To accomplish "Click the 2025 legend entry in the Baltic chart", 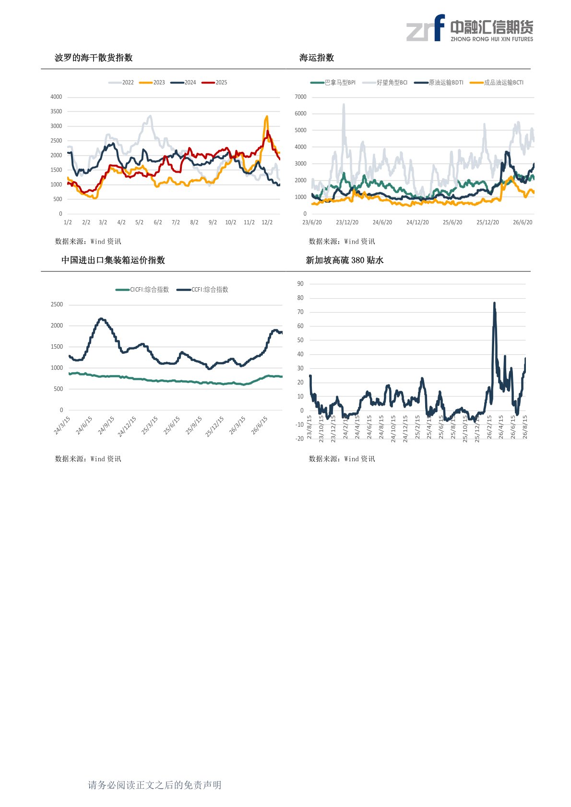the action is (x=214, y=82).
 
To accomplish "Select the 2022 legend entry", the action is (x=121, y=82).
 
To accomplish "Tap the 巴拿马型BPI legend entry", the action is (x=333, y=82).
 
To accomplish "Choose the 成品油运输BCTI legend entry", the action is (x=497, y=82).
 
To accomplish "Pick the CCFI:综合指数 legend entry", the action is (x=202, y=290).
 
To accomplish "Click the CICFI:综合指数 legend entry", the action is (x=143, y=290).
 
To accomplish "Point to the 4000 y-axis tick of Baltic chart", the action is (x=56, y=97).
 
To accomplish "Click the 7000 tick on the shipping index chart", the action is (x=301, y=97).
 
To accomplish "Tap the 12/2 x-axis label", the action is (x=267, y=222).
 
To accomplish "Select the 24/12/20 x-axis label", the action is (x=417, y=222).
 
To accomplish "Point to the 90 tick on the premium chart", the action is (x=300, y=284).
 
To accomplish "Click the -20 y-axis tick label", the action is (x=299, y=438).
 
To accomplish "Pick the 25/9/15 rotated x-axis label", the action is (x=194, y=425).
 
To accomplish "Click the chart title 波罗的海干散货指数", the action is (x=94, y=58).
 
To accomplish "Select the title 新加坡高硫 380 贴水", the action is (x=345, y=260).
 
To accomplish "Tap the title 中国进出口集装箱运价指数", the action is (x=113, y=260).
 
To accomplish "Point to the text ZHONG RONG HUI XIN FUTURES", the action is (x=492, y=39).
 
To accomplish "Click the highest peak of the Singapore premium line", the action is (x=494, y=303).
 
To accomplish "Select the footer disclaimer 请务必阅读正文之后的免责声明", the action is (x=155, y=785).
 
